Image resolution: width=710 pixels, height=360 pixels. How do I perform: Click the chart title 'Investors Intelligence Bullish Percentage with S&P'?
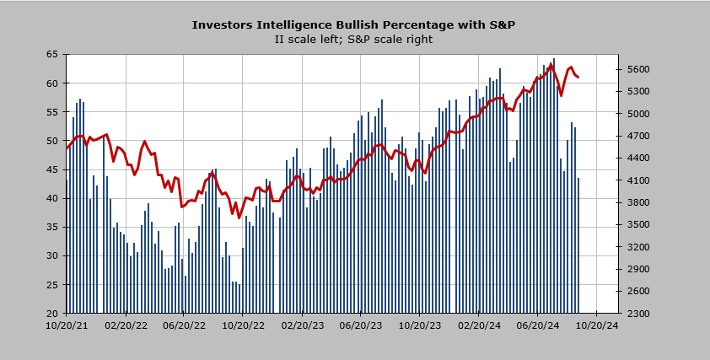(x=353, y=25)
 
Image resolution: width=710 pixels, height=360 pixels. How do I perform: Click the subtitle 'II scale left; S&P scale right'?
(x=353, y=40)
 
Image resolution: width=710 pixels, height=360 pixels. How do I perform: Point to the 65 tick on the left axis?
(x=52, y=54)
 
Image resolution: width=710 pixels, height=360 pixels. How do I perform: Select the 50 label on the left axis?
(x=52, y=141)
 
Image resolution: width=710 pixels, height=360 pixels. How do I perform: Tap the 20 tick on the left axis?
(x=52, y=314)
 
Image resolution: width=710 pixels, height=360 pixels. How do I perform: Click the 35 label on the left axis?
(x=52, y=227)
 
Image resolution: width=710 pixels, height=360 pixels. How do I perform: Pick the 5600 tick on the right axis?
(x=634, y=69)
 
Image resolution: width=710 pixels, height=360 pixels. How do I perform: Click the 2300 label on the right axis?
(x=634, y=314)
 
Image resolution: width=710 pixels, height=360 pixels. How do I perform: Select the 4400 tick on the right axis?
(x=634, y=158)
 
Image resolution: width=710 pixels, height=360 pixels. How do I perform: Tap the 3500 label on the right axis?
(x=634, y=224)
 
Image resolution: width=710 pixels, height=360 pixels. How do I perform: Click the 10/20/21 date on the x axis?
(x=66, y=325)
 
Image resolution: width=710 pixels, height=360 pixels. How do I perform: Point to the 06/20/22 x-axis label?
(x=184, y=325)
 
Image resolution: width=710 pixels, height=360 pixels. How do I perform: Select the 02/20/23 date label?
(x=302, y=325)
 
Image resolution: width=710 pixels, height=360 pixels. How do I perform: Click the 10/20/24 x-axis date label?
(x=597, y=325)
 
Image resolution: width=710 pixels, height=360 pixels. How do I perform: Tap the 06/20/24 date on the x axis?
(x=538, y=325)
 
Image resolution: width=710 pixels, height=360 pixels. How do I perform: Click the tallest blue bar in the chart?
(x=554, y=185)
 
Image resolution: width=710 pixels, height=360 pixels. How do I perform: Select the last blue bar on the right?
(x=578, y=245)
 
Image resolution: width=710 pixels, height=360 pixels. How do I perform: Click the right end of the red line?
(x=578, y=77)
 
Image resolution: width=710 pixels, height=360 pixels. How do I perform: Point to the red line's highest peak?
(x=551, y=65)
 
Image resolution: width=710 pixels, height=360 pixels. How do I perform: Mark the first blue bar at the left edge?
(x=67, y=246)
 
